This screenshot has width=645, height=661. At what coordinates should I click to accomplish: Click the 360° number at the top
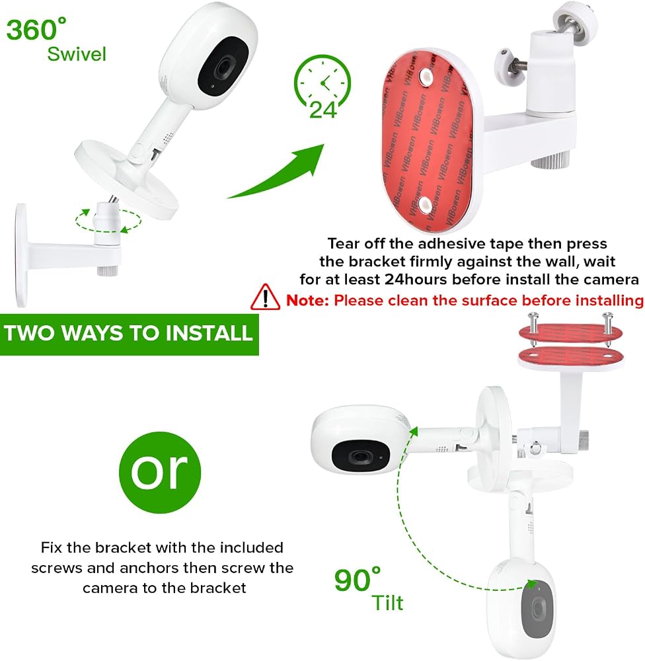[36, 29]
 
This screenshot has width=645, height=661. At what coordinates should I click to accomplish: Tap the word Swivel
[76, 54]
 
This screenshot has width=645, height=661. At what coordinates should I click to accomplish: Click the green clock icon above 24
[322, 80]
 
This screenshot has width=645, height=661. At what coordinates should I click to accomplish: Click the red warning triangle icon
[265, 297]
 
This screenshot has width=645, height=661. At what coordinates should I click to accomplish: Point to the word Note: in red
[307, 301]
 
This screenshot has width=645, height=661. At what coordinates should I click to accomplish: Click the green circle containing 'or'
[160, 472]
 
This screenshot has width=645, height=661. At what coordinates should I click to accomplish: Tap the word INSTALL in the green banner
[209, 333]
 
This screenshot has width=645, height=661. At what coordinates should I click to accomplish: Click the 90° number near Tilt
[358, 580]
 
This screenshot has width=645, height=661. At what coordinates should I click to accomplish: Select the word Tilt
[387, 603]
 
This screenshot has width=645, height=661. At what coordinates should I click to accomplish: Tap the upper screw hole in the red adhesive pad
[426, 76]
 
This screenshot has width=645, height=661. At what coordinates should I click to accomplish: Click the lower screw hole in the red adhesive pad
[426, 206]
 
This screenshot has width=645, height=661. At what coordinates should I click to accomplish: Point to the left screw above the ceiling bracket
[533, 330]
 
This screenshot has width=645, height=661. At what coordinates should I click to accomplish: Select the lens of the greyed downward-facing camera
[537, 608]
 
